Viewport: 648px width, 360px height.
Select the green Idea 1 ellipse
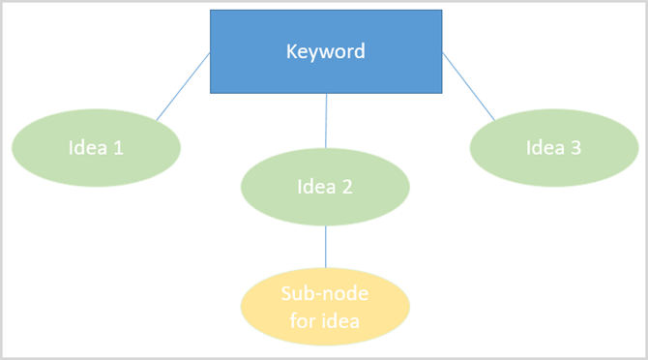pos(96,148)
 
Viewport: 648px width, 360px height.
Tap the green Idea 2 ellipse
pos(325,187)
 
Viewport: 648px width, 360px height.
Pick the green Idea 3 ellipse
pos(553,148)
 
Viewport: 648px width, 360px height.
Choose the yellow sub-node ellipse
pos(325,308)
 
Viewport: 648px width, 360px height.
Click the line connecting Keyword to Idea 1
pos(184,87)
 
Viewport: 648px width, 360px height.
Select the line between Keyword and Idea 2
pos(326,121)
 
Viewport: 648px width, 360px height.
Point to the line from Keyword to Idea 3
pos(468,87)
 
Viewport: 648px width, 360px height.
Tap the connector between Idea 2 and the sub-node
pos(325,248)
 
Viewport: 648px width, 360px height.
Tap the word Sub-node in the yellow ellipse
pos(325,294)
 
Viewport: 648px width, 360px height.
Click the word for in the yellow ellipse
pos(302,321)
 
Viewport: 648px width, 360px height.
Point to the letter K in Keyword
pos(291,51)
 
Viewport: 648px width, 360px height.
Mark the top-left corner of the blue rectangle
pos(211,11)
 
